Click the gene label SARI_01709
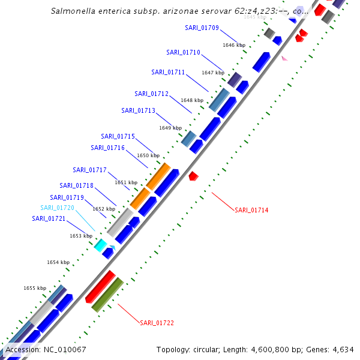point(202,28)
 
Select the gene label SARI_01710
point(183,52)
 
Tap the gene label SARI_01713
point(138,110)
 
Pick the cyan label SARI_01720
point(58,208)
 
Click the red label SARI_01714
point(251,210)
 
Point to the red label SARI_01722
point(157,323)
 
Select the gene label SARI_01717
point(89,170)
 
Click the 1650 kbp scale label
point(148,155)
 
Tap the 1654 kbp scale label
point(58,262)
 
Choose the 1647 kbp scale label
point(213,73)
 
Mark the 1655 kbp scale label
point(35,288)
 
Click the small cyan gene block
point(100,245)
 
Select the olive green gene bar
point(107,295)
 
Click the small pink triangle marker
point(284,58)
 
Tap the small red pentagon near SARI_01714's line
point(193,176)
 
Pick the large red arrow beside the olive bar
point(100,287)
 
